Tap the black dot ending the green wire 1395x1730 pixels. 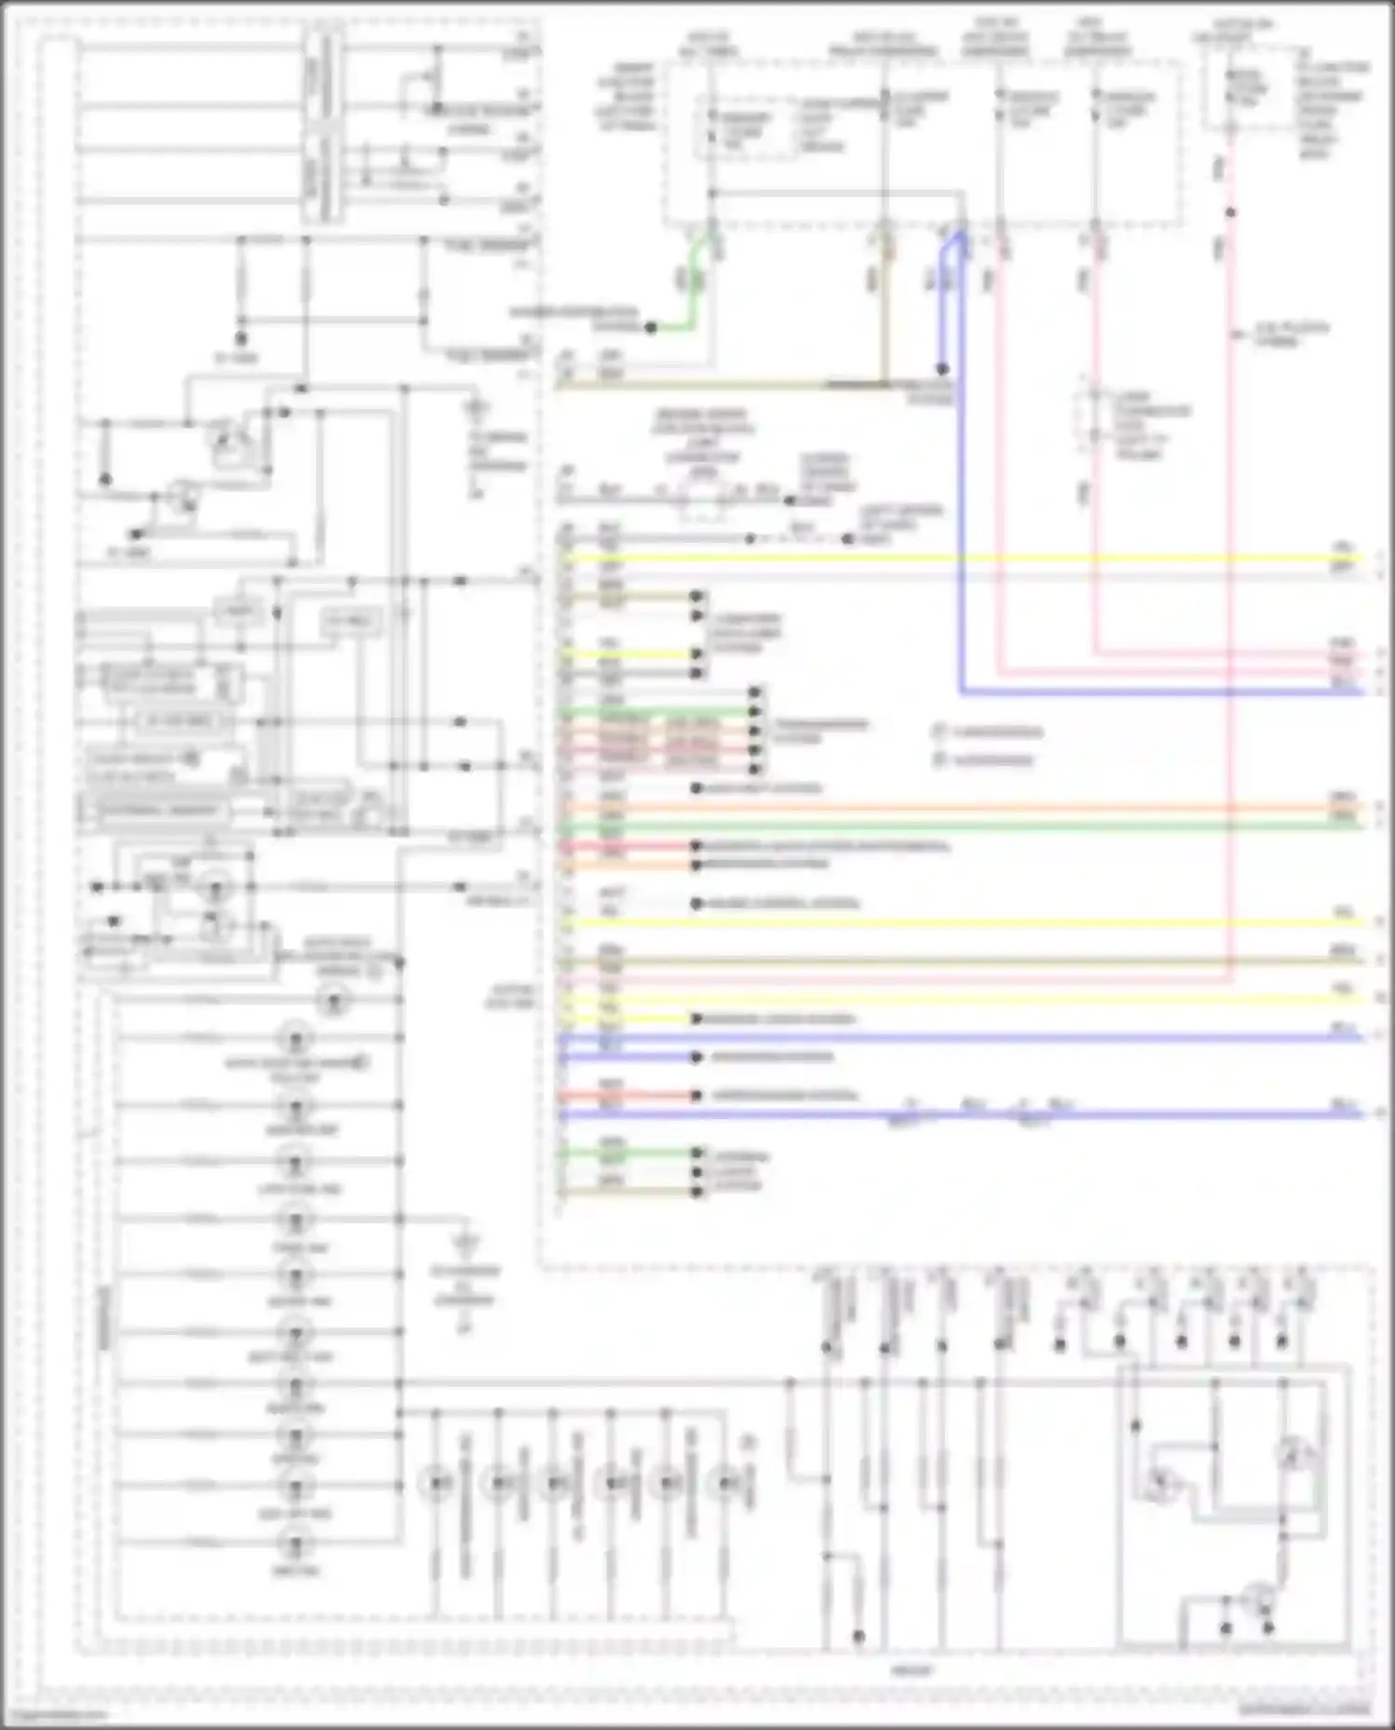pos(651,328)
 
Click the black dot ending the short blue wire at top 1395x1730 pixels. pos(942,369)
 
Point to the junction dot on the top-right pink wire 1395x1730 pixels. pos(1229,213)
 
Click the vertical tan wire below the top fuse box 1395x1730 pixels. pos(884,307)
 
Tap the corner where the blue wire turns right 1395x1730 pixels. pos(962,692)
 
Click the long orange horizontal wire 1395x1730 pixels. pos(930,808)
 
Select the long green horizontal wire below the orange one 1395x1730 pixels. pos(930,825)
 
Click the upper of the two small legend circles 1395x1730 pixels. pos(939,733)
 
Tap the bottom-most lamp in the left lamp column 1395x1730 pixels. pos(296,1544)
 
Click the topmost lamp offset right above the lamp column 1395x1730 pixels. pos(333,1001)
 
